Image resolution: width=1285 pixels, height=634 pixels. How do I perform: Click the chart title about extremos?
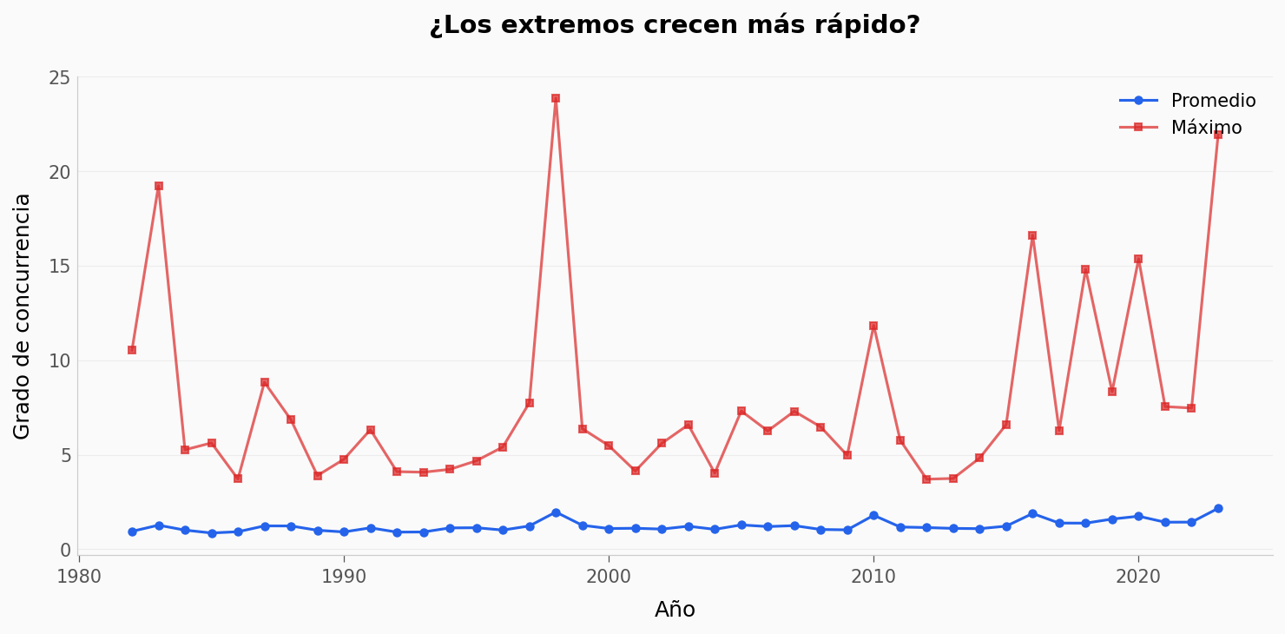pyautogui.click(x=675, y=25)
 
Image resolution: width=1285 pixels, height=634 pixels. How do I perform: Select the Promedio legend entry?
pyautogui.click(x=1212, y=101)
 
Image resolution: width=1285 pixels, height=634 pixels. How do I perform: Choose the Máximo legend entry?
pyautogui.click(x=1205, y=128)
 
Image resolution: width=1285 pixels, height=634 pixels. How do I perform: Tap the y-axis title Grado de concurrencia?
pyautogui.click(x=22, y=316)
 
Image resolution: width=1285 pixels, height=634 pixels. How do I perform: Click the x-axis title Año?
pyautogui.click(x=675, y=610)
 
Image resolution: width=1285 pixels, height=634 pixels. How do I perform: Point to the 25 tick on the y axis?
pyautogui.click(x=59, y=78)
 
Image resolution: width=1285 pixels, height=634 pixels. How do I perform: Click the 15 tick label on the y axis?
pyautogui.click(x=59, y=267)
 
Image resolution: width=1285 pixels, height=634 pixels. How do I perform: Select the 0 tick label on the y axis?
pyautogui.click(x=65, y=550)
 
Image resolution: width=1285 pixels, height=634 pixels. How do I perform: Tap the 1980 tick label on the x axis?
pyautogui.click(x=79, y=578)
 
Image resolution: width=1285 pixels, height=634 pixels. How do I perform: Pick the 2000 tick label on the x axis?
pyautogui.click(x=609, y=578)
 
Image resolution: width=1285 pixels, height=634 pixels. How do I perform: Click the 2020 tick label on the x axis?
pyautogui.click(x=1138, y=578)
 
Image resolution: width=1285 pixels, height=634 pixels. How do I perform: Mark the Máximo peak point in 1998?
pyautogui.click(x=556, y=98)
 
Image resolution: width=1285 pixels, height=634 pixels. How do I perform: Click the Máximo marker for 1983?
pyautogui.click(x=159, y=186)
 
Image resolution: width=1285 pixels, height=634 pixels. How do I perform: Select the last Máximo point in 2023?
pyautogui.click(x=1218, y=135)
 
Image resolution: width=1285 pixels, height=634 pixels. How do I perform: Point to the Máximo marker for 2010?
pyautogui.click(x=873, y=327)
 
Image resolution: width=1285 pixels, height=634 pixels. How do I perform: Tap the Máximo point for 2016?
pyautogui.click(x=1032, y=235)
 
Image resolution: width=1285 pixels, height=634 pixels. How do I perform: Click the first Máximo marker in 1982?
pyautogui.click(x=132, y=350)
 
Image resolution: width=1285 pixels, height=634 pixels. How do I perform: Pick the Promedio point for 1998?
pyautogui.click(x=556, y=512)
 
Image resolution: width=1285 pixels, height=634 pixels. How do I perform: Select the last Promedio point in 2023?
pyautogui.click(x=1218, y=509)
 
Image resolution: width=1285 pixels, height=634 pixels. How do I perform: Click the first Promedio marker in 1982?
pyautogui.click(x=132, y=532)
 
